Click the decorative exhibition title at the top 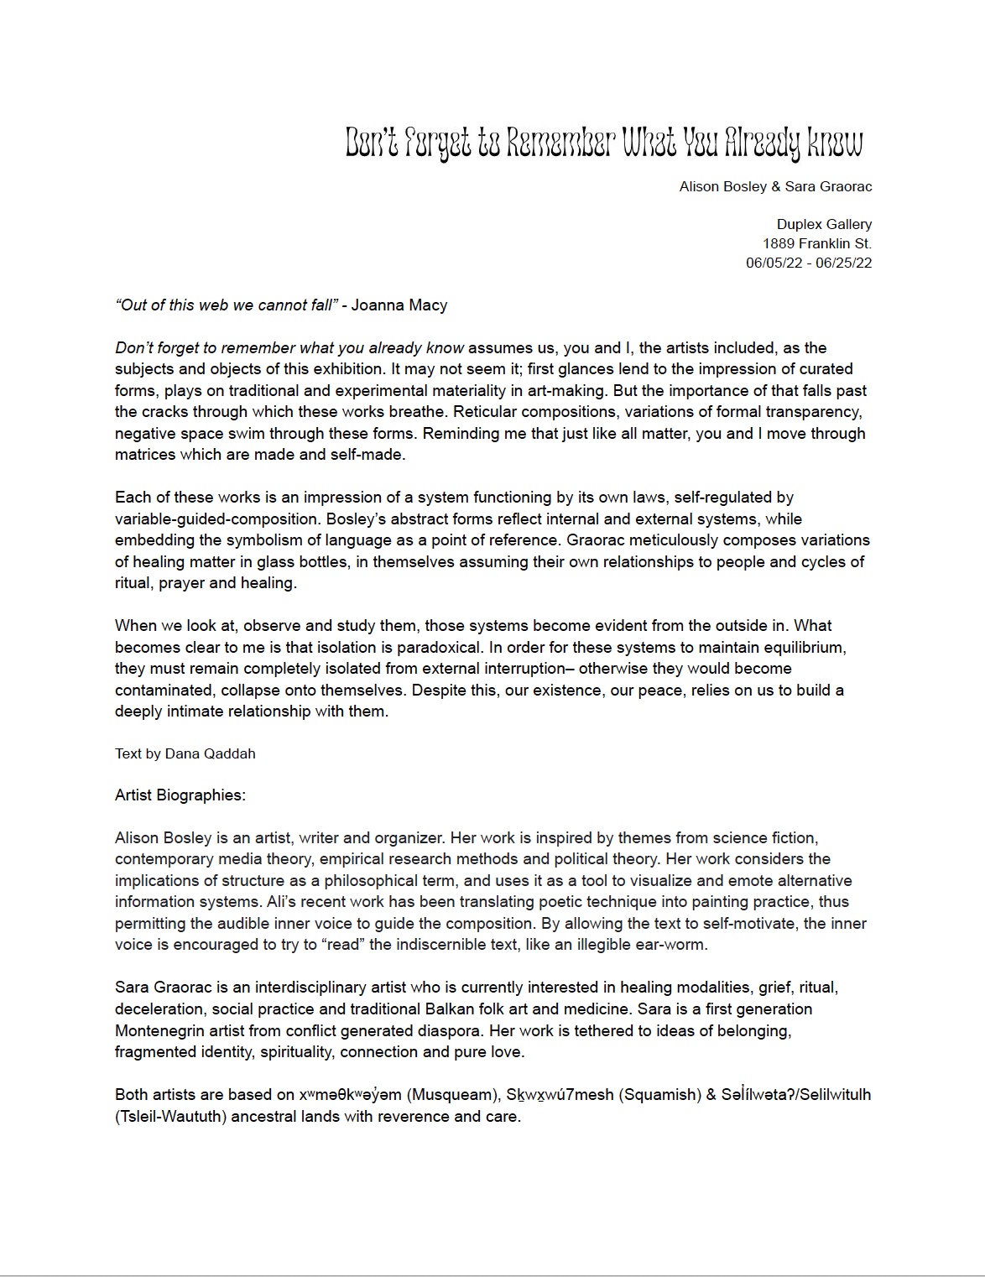(x=604, y=144)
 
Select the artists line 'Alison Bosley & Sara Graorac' (x=775, y=186)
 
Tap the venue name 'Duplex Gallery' (x=824, y=224)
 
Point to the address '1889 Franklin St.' (x=816, y=243)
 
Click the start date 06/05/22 (x=775, y=263)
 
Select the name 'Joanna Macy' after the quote (x=399, y=305)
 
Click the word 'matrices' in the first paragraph (x=145, y=455)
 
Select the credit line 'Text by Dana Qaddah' (x=185, y=753)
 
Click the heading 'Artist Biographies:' (x=180, y=795)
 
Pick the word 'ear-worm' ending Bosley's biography (x=675, y=945)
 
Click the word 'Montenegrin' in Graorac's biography (x=160, y=1030)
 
